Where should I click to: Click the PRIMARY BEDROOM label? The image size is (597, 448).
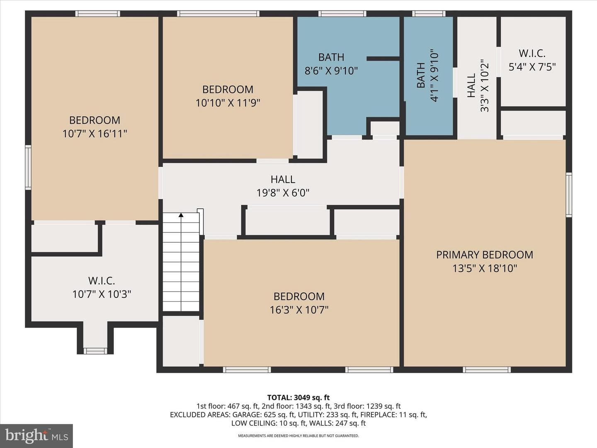point(484,255)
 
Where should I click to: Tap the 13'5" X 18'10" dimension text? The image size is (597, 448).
point(484,268)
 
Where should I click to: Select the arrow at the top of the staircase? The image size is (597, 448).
point(181,215)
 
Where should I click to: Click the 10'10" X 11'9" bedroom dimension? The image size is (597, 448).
point(228,103)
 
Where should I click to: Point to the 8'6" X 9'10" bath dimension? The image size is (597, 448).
point(331,71)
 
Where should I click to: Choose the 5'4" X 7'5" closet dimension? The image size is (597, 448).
point(532,67)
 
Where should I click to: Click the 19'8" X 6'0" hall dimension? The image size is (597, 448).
point(283,193)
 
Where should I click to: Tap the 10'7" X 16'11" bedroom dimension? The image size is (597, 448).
point(95,134)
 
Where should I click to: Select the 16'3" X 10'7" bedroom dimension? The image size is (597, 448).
point(299,310)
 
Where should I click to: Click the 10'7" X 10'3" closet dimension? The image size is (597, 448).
point(102,294)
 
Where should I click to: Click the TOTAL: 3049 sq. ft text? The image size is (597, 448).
point(298,397)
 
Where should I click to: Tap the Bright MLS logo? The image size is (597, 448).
point(36,436)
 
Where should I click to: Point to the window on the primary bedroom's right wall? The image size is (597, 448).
point(569,195)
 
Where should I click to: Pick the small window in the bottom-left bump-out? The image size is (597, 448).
point(95,351)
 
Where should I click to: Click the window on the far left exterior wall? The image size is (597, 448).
point(28,167)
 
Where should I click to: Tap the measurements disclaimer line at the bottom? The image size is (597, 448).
point(298,436)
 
